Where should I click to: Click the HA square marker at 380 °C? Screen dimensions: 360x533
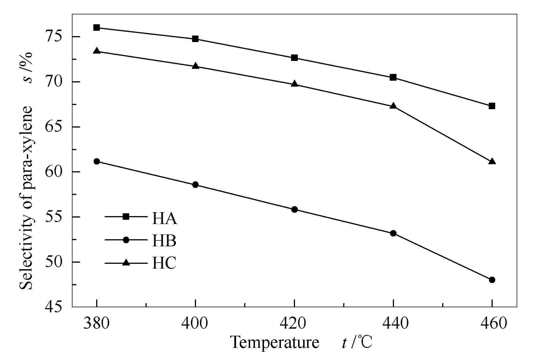click(97, 28)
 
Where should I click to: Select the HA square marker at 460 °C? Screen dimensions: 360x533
click(492, 106)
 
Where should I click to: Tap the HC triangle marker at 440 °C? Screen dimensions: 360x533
click(393, 106)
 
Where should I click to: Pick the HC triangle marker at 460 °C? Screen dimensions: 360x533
click(492, 161)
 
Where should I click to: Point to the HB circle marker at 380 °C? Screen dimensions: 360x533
click(97, 161)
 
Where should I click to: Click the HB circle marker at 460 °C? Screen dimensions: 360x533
click(492, 280)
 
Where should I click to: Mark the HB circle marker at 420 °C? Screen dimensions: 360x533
click(294, 209)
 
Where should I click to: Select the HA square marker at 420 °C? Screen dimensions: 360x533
click(294, 58)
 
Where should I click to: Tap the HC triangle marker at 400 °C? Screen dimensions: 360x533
click(195, 66)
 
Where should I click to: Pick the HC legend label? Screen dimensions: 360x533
click(164, 263)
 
